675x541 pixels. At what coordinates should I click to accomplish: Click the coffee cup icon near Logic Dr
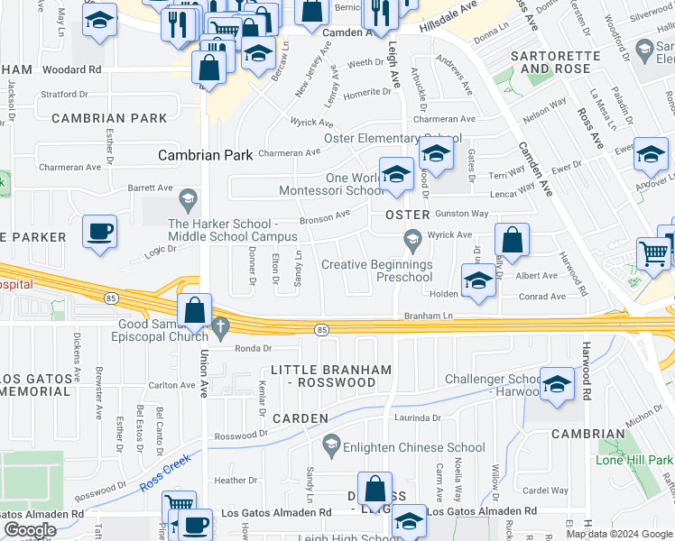(x=99, y=231)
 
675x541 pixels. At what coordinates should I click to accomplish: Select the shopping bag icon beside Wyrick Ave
(x=512, y=240)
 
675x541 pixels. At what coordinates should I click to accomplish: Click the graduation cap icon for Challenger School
(x=557, y=382)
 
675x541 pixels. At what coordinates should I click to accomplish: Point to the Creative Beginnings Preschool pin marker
(x=412, y=238)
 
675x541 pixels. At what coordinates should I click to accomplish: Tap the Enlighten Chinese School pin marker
(x=331, y=444)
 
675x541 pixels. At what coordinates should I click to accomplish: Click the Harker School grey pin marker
(x=188, y=197)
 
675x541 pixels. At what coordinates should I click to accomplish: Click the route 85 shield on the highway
(x=322, y=331)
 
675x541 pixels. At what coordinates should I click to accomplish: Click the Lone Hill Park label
(x=634, y=460)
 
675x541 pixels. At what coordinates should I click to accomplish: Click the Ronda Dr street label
(x=253, y=348)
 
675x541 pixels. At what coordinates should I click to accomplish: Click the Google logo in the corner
(x=30, y=530)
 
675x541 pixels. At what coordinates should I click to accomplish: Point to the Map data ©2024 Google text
(x=618, y=534)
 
